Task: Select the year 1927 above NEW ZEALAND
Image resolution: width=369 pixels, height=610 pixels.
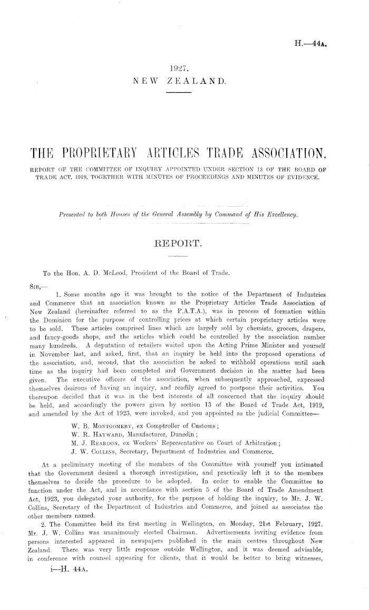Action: (x=180, y=69)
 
